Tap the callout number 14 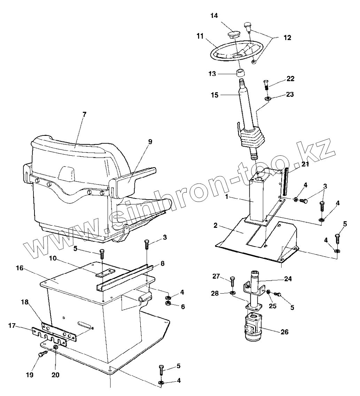pos(214,16)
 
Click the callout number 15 pos(214,95)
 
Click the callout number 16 pos(19,268)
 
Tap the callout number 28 pos(215,293)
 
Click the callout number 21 pos(305,164)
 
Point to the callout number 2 pos(216,226)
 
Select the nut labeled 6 pos(167,304)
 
